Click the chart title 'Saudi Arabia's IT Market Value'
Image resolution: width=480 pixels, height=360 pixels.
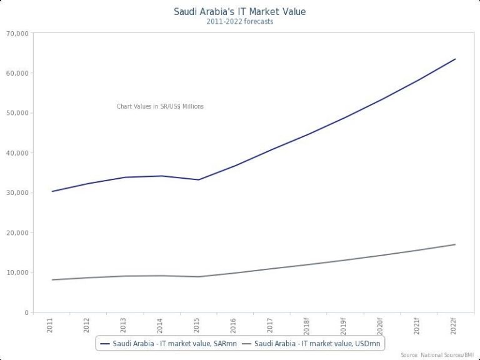point(240,11)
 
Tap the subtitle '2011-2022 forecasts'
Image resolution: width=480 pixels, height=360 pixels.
point(240,21)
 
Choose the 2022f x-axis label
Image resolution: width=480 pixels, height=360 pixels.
point(454,326)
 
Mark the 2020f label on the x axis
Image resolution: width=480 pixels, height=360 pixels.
point(381,326)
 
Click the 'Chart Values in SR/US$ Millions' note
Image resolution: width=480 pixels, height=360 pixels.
point(160,106)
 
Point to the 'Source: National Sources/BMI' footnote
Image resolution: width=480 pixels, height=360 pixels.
point(437,355)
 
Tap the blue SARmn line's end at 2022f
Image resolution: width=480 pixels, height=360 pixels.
point(455,59)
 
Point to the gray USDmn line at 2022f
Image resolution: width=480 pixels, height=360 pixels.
point(455,244)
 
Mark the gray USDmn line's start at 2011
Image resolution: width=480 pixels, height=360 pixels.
point(52,279)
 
